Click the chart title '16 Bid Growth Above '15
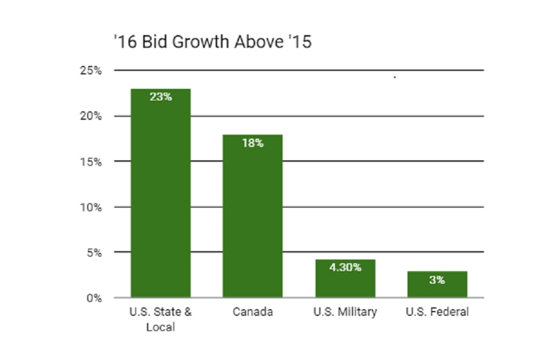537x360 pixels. (x=212, y=42)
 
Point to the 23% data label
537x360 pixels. (x=161, y=96)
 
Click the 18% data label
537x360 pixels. (x=253, y=143)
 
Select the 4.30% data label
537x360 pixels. (x=345, y=267)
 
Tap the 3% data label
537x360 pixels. (x=437, y=280)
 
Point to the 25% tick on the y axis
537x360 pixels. (x=91, y=71)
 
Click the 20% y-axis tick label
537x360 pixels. (x=91, y=116)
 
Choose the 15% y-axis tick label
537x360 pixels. (x=91, y=162)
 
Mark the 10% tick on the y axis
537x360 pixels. (x=91, y=207)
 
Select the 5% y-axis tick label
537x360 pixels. (x=94, y=252)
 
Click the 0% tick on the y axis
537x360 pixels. (x=94, y=298)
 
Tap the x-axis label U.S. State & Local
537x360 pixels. (x=161, y=319)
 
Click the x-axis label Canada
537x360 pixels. (x=253, y=312)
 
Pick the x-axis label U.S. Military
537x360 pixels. (x=345, y=312)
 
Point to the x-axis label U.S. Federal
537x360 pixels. (x=437, y=312)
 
